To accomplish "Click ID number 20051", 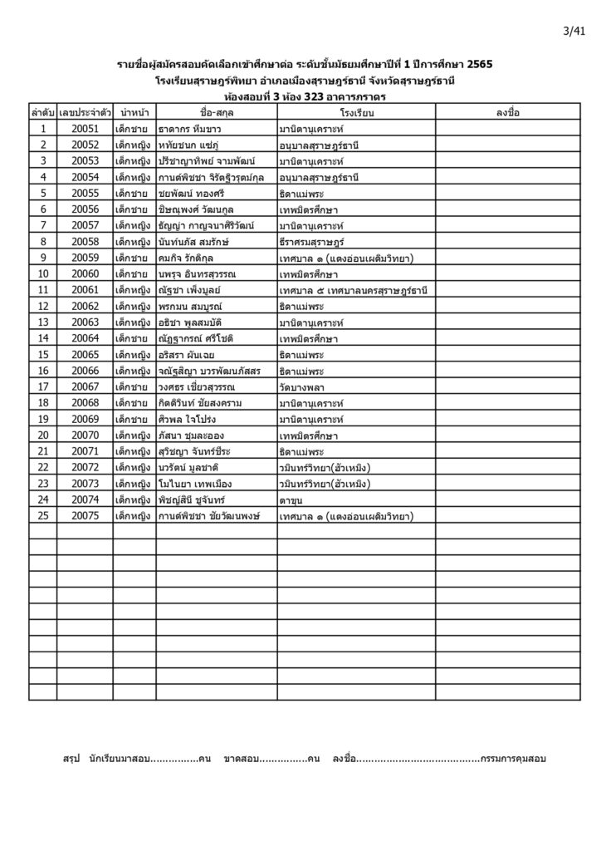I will [x=86, y=128].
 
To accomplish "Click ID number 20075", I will [x=86, y=515].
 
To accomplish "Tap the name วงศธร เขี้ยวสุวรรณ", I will [x=202, y=386].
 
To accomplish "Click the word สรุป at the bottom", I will [x=75, y=759].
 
